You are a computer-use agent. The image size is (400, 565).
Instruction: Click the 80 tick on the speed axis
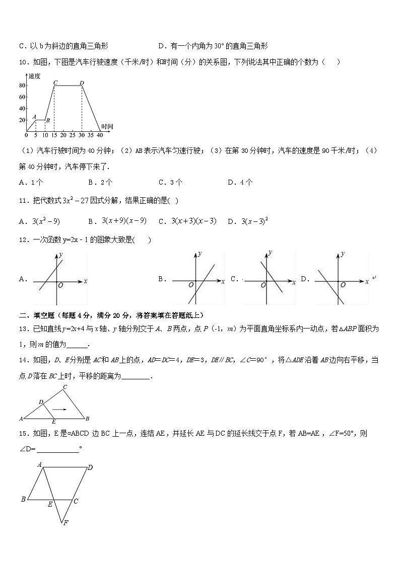(22, 86)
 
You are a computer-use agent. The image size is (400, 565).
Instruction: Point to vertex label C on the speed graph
(54, 82)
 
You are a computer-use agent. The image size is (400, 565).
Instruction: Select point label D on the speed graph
(82, 82)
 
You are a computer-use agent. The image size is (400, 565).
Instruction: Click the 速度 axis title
(34, 76)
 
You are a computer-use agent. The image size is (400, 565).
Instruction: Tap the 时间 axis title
(107, 126)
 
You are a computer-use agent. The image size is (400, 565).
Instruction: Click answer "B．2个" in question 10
(100, 183)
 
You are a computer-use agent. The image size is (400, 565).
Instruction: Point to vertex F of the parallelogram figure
(65, 523)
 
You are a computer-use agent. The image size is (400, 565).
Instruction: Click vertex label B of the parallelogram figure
(23, 500)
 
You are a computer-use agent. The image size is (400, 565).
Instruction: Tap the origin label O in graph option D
(343, 285)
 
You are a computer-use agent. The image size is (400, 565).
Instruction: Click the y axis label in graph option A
(61, 256)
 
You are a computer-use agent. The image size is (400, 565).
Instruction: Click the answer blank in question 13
(77, 345)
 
